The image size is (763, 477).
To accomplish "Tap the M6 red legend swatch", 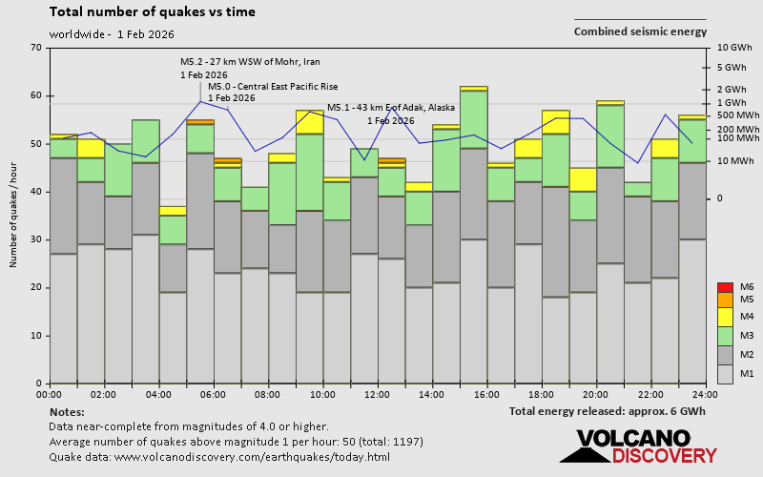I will [x=724, y=287].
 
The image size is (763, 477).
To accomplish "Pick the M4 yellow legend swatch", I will [x=724, y=316].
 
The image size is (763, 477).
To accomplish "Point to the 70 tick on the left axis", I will [x=36, y=48].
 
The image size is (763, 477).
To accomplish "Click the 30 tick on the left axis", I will [x=36, y=239].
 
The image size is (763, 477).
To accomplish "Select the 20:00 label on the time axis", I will [x=596, y=394].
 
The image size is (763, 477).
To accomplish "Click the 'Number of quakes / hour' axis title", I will [x=14, y=216].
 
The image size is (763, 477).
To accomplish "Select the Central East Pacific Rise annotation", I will [x=273, y=86].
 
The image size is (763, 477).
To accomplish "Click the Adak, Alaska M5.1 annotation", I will [x=390, y=108].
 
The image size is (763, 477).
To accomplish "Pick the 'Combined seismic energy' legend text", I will [x=640, y=31].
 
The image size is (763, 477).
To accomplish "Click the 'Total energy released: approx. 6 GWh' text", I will [x=608, y=411].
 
